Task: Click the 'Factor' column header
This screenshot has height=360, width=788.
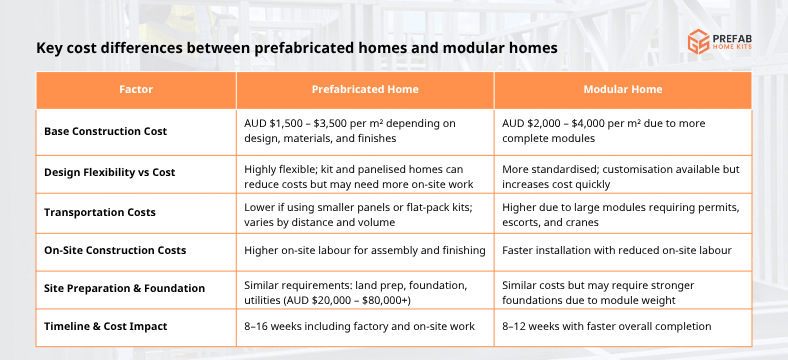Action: [x=135, y=89]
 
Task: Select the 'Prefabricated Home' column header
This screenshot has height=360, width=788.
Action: [x=364, y=89]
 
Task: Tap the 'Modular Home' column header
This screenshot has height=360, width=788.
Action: [x=623, y=89]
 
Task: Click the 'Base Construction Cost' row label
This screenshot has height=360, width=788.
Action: [x=105, y=131]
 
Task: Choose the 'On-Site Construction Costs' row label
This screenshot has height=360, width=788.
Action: [x=115, y=250]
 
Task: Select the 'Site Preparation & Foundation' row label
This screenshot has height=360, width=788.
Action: [x=124, y=288]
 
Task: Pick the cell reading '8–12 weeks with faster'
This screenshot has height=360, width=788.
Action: [x=608, y=326]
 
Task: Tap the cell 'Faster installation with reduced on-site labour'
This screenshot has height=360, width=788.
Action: [x=617, y=250]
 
